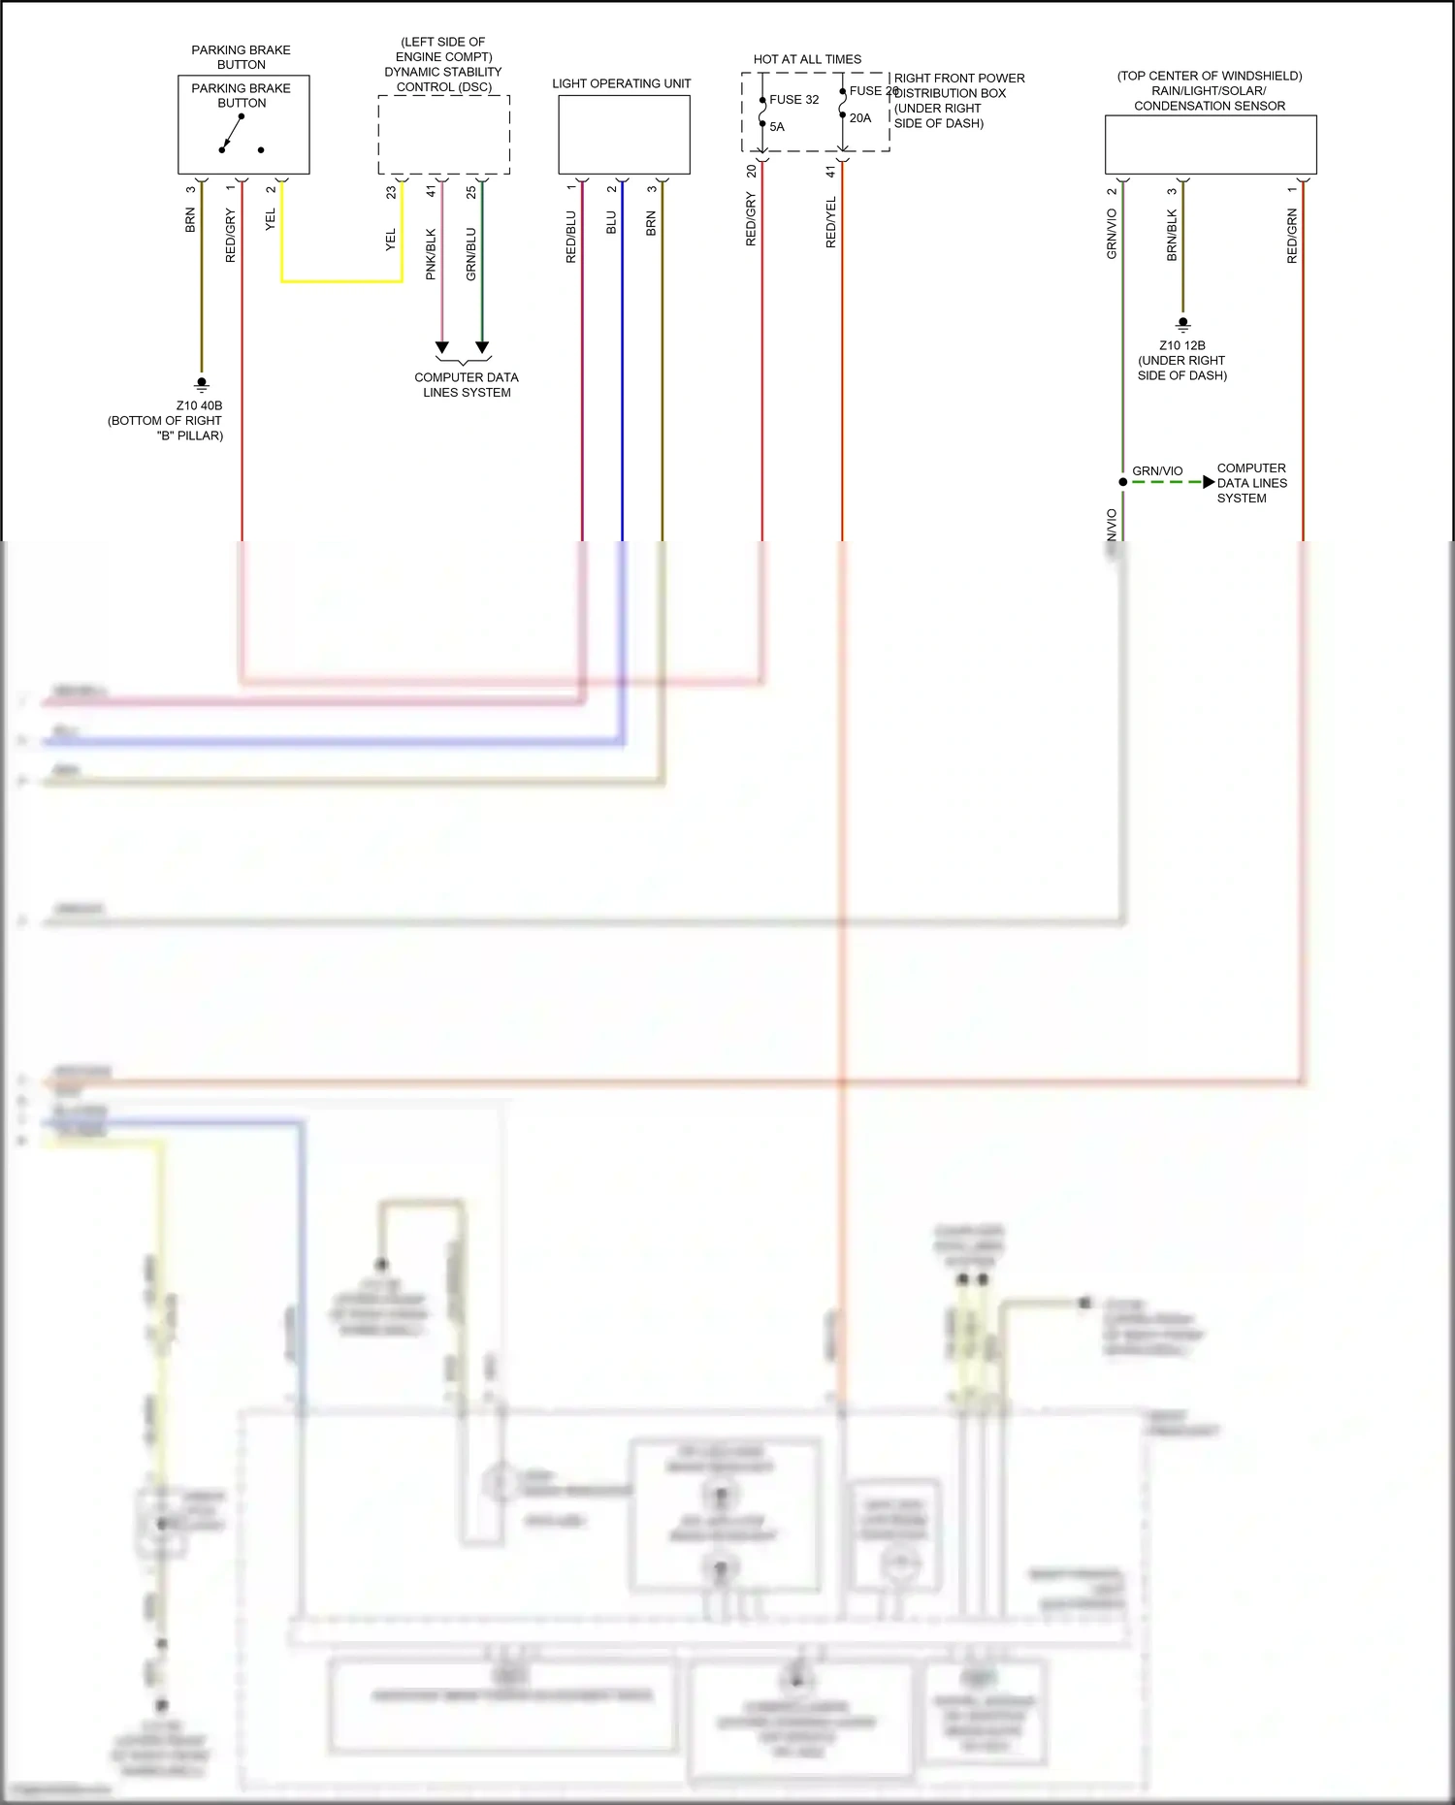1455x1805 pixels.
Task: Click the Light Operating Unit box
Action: coord(624,135)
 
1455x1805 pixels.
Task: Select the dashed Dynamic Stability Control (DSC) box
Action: coord(443,134)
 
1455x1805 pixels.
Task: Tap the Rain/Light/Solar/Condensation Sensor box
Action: coord(1210,145)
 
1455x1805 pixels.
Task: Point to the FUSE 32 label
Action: coord(793,100)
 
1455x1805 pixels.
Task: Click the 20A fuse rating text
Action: coord(860,118)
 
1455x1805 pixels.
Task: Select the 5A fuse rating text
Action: coord(777,127)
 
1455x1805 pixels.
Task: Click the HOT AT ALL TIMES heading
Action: coord(807,59)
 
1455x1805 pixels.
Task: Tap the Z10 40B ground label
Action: coord(199,405)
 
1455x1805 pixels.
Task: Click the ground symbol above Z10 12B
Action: coord(1182,324)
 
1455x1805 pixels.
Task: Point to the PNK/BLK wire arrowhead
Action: coord(442,347)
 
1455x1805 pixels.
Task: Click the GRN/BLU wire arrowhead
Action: coord(482,347)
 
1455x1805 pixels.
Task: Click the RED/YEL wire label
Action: coord(831,222)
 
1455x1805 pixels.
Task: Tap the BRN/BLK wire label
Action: coord(1172,235)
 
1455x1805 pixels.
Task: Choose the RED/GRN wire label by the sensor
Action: coord(1292,236)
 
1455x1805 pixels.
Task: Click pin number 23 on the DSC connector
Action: coord(392,192)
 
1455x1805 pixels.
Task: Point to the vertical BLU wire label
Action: coord(611,223)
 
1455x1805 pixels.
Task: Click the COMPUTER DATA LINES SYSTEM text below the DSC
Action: coord(467,385)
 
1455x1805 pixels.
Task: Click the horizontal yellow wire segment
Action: coord(341,281)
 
